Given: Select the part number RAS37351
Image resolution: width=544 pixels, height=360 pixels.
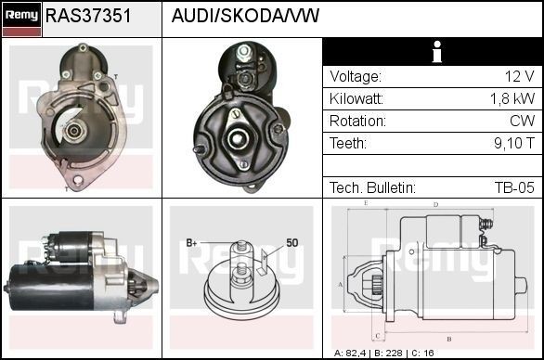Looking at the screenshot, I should pyautogui.click(x=88, y=16).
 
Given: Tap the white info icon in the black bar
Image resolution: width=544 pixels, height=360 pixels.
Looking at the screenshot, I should pyautogui.click(x=433, y=52).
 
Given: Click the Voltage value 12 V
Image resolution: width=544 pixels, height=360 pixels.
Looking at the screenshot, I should pyautogui.click(x=517, y=77).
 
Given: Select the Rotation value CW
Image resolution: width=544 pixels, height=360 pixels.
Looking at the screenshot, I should pyautogui.click(x=522, y=122).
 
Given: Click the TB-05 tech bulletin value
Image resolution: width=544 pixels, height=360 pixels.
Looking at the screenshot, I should pyautogui.click(x=513, y=188).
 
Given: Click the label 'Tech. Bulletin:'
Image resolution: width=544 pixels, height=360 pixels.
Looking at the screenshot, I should pyautogui.click(x=372, y=188).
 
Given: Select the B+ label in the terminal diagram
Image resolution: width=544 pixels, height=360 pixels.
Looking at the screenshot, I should pyautogui.click(x=192, y=243).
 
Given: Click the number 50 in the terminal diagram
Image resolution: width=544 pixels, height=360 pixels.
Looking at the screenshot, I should pyautogui.click(x=291, y=243).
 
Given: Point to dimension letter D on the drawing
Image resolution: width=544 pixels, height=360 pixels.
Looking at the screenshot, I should pyautogui.click(x=435, y=205).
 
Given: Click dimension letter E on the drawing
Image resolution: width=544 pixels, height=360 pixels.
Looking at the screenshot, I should pyautogui.click(x=366, y=202).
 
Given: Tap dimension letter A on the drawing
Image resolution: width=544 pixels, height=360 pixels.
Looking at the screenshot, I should pyautogui.click(x=341, y=284).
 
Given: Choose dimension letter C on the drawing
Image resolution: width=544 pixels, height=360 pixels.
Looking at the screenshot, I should pyautogui.click(x=376, y=335).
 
